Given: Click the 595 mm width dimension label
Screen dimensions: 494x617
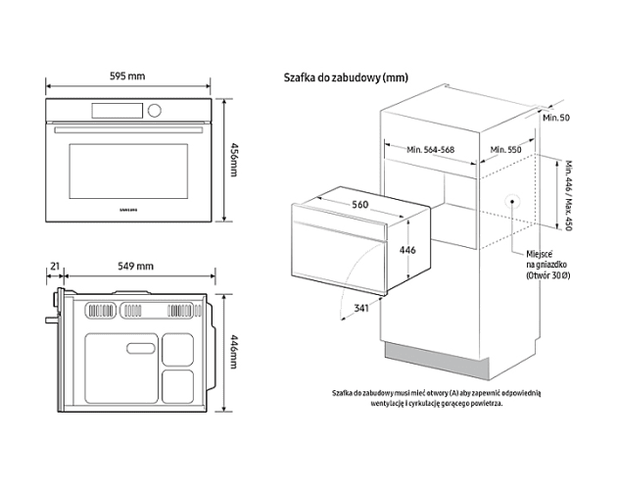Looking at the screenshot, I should (128, 76).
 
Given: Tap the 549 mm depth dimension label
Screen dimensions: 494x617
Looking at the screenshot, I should (136, 267).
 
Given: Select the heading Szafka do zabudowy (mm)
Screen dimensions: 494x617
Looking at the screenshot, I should (345, 77).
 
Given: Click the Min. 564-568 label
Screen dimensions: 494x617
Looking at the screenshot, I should (430, 150).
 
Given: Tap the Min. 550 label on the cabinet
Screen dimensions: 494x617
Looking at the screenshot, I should (503, 150).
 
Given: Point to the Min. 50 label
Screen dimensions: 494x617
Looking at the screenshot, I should (556, 118).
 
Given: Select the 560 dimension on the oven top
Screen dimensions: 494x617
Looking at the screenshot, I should (359, 205).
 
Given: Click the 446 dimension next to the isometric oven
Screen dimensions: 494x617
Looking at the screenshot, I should (407, 250).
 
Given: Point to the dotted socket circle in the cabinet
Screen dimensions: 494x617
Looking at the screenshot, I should (510, 200).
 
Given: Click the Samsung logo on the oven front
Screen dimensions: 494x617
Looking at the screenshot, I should (128, 208).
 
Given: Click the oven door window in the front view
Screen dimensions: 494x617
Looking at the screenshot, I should (127, 169).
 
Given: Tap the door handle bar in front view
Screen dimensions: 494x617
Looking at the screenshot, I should (128, 129).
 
